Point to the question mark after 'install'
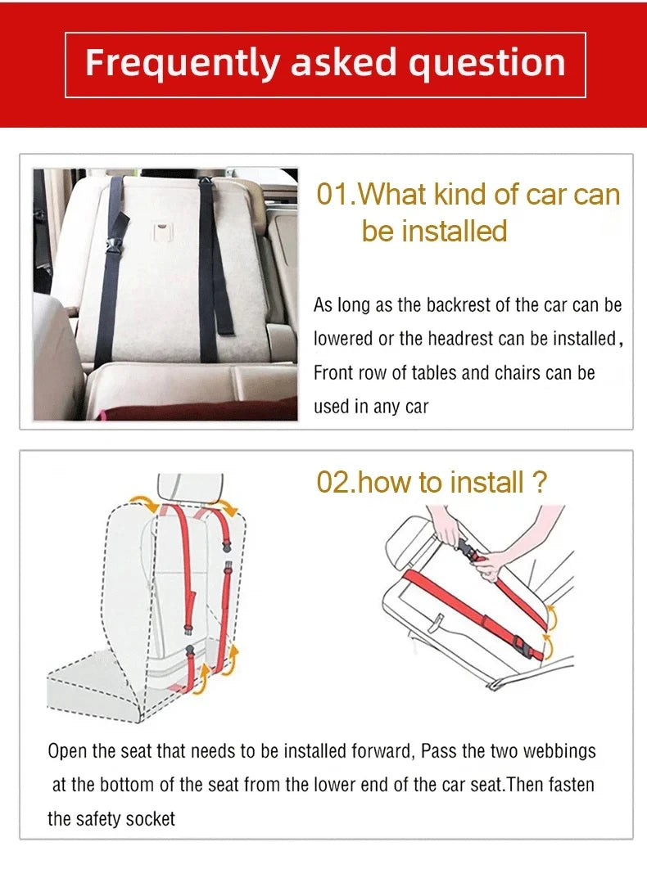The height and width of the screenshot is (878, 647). tap(538, 482)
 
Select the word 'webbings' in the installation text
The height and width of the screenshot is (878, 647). tap(559, 751)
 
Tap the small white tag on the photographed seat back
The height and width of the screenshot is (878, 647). tap(163, 230)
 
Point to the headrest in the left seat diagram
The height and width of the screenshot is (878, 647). tap(191, 486)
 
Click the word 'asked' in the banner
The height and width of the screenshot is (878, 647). tap(343, 63)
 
